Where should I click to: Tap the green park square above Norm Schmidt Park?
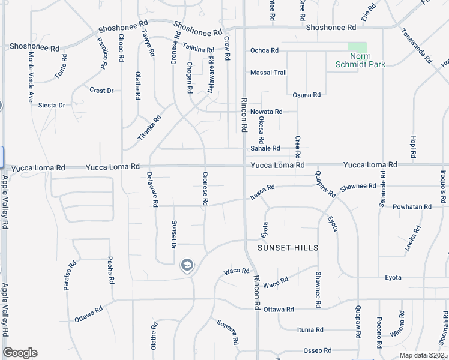pyautogui.click(x=358, y=47)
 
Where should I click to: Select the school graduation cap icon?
pyautogui.click(x=187, y=265)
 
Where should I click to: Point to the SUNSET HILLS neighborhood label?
pyautogui.click(x=288, y=248)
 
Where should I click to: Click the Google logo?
pyautogui.click(x=20, y=353)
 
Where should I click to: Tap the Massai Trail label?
pyautogui.click(x=268, y=73)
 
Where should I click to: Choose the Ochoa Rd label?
pyautogui.click(x=264, y=50)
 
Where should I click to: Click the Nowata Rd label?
pyautogui.click(x=266, y=112)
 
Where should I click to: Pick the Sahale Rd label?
pyautogui.click(x=265, y=148)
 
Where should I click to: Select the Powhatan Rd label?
pyautogui.click(x=412, y=207)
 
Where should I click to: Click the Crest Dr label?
pyautogui.click(x=101, y=91)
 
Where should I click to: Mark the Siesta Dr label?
pyautogui.click(x=52, y=105)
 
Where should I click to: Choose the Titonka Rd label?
pyautogui.click(x=149, y=128)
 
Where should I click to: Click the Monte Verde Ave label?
pyautogui.click(x=31, y=77)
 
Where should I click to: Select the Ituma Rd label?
pyautogui.click(x=310, y=329)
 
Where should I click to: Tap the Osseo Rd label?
pyautogui.click(x=318, y=350)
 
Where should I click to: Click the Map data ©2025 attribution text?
pyautogui.click(x=423, y=355)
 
